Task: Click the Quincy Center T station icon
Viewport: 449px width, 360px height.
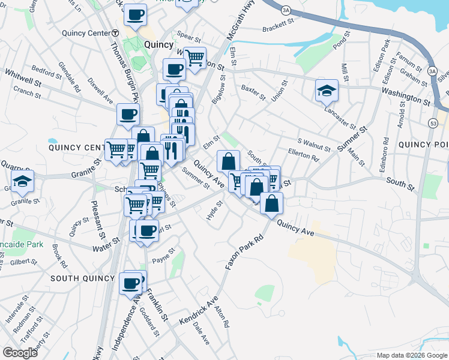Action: pyautogui.click(x=115, y=33)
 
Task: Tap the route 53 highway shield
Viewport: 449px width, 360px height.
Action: pyautogui.click(x=433, y=122)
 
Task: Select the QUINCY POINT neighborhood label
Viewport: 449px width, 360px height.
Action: pyautogui.click(x=423, y=144)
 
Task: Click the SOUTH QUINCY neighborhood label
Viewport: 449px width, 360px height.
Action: pyautogui.click(x=82, y=278)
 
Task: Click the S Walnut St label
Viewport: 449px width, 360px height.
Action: pyautogui.click(x=314, y=143)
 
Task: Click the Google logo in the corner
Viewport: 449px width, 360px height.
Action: pyautogui.click(x=20, y=353)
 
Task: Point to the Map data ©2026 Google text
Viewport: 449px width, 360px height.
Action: pyautogui.click(x=411, y=355)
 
